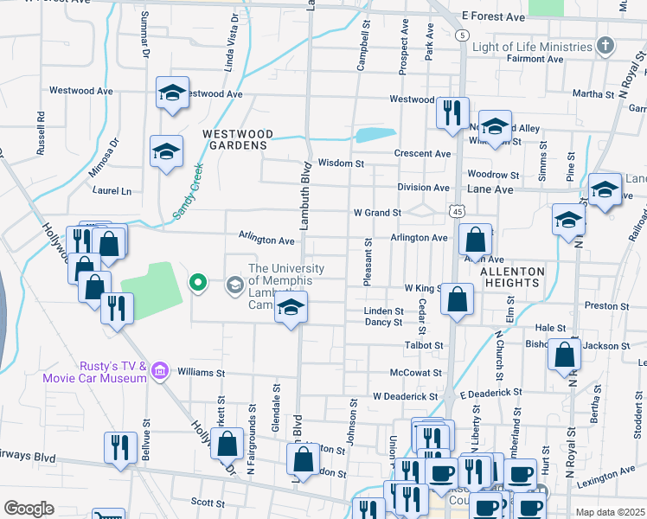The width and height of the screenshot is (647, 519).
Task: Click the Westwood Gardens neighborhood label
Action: pyautogui.click(x=237, y=139)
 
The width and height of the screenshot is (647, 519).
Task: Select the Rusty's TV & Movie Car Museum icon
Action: pyautogui.click(x=158, y=372)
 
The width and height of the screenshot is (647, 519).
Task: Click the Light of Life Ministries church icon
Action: pyautogui.click(x=605, y=45)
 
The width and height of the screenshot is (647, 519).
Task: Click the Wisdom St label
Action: pyautogui.click(x=341, y=163)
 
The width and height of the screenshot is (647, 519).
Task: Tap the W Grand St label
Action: pyautogui.click(x=377, y=212)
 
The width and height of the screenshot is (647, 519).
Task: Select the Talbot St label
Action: pyautogui.click(x=424, y=345)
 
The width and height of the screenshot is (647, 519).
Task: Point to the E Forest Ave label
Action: pyautogui.click(x=493, y=16)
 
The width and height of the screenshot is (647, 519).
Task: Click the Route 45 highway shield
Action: pyautogui.click(x=458, y=211)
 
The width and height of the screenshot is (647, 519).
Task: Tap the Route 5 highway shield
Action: pyautogui.click(x=464, y=35)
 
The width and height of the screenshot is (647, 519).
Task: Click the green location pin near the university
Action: pyautogui.click(x=198, y=282)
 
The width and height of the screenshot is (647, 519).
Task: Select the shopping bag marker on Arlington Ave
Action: pyautogui.click(x=475, y=240)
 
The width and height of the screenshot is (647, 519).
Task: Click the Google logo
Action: pyautogui.click(x=29, y=509)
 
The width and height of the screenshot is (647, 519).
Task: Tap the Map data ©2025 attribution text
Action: pyautogui.click(x=609, y=512)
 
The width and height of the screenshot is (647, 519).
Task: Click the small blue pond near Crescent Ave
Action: pyautogui.click(x=375, y=135)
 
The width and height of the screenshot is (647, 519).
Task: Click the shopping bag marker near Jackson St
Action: pyautogui.click(x=564, y=354)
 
